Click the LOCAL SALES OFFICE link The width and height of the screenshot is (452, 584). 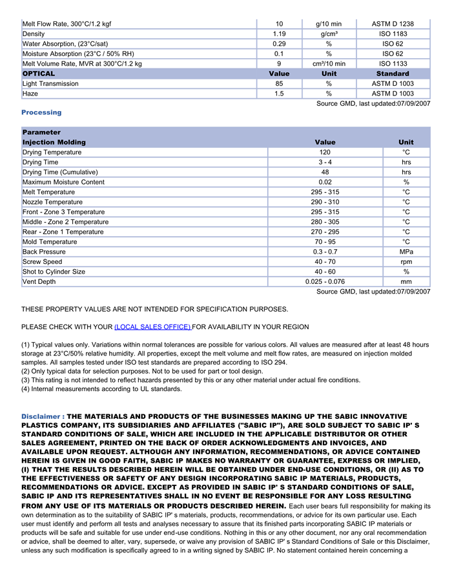pos(152,327)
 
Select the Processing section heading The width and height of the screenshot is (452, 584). pos(41,112)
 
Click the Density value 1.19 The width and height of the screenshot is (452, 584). pos(279,34)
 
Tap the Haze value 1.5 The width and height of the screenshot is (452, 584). pos(279,94)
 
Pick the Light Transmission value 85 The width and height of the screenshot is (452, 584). pos(279,84)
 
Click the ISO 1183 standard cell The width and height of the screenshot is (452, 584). pos(393,34)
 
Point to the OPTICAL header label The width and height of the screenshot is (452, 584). pos(39,74)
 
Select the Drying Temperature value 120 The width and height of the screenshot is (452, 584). pos(325,152)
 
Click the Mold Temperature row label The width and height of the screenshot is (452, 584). pos(49,242)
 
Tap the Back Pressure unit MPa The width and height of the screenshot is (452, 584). pos(406,252)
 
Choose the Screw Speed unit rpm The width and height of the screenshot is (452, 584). pos(406,262)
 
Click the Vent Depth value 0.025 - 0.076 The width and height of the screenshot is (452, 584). pos(325,281)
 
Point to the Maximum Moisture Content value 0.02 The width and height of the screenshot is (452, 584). pos(325,182)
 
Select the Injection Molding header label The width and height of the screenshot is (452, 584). pos(54,142)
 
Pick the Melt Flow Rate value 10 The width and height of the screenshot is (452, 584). pos(279,24)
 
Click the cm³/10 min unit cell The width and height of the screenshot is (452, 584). pos(329,64)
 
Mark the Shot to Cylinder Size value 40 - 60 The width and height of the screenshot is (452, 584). pos(325,272)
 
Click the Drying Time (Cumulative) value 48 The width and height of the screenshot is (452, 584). pos(325,172)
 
